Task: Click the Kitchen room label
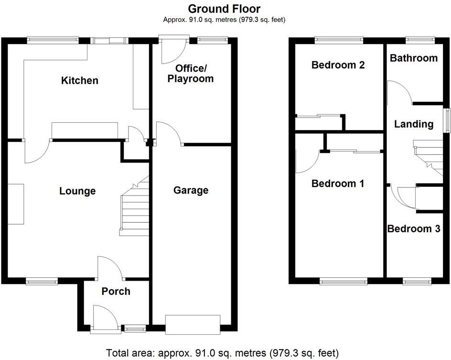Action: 80,80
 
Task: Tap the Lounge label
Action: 77,191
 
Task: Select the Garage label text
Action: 191,190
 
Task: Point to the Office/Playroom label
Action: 190,73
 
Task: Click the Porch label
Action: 116,291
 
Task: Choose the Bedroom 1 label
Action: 338,183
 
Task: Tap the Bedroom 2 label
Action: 338,65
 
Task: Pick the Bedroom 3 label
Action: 413,229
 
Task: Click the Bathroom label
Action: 413,58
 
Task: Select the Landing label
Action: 413,124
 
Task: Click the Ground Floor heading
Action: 224,9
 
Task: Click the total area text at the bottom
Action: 222,353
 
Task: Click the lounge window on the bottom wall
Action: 42,282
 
